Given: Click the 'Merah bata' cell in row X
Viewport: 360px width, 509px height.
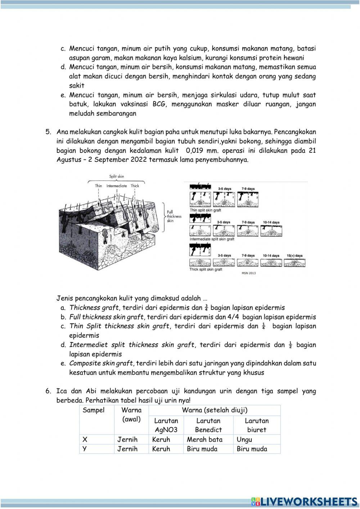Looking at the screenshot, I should (204, 439).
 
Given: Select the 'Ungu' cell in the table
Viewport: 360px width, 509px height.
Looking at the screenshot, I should (244, 439).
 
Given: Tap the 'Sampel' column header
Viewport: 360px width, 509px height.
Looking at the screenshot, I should (93, 410).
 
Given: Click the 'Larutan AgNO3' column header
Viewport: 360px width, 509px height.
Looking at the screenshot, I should (166, 425).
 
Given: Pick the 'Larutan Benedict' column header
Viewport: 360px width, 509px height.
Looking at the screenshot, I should (208, 425).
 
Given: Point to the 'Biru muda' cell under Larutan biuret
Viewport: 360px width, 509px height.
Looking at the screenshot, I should (252, 449).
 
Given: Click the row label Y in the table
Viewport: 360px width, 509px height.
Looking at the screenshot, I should (85, 449).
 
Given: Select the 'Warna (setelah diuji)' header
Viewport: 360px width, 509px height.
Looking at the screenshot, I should (215, 410).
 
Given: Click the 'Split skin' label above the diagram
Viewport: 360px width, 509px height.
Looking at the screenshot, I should (117, 177).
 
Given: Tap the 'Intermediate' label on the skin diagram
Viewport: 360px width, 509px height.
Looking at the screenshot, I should (116, 186).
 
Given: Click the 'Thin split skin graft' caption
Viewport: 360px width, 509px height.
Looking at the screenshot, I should (205, 210).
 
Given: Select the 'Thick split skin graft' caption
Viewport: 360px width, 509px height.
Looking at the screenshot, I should (206, 269).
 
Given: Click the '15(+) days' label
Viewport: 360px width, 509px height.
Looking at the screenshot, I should (295, 255).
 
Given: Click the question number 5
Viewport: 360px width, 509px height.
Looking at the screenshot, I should (48, 132).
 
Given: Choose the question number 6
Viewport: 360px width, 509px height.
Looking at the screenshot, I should (48, 391).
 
